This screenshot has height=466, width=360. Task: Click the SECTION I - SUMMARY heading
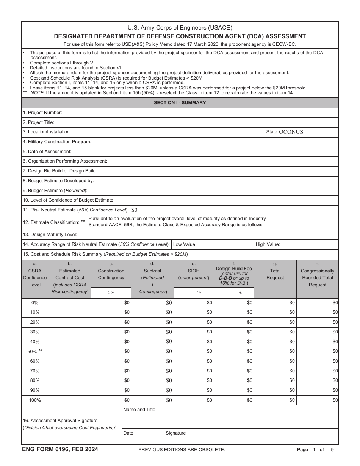(x=180, y=103)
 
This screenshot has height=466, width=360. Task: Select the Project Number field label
(x=42, y=113)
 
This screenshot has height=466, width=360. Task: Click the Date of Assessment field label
(x=47, y=152)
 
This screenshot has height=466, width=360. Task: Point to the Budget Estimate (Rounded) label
(x=55, y=191)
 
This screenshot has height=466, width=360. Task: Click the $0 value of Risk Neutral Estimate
(x=135, y=210)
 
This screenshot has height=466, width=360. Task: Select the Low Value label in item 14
(x=185, y=244)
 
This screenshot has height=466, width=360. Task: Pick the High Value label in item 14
(x=268, y=244)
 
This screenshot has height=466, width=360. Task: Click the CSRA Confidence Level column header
(x=35, y=274)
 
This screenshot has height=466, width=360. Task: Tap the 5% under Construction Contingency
(x=111, y=292)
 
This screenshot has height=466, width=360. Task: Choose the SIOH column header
(x=194, y=271)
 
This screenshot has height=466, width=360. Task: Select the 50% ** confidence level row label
(x=35, y=351)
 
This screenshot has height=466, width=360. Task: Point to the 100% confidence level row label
(x=35, y=400)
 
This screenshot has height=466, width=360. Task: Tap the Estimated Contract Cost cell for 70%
(x=70, y=371)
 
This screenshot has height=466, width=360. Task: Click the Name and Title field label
(x=139, y=410)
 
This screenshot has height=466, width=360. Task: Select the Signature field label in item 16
(x=176, y=433)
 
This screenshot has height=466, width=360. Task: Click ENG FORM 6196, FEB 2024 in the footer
(x=60, y=449)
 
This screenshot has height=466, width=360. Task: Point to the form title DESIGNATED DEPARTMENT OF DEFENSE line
(x=180, y=36)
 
